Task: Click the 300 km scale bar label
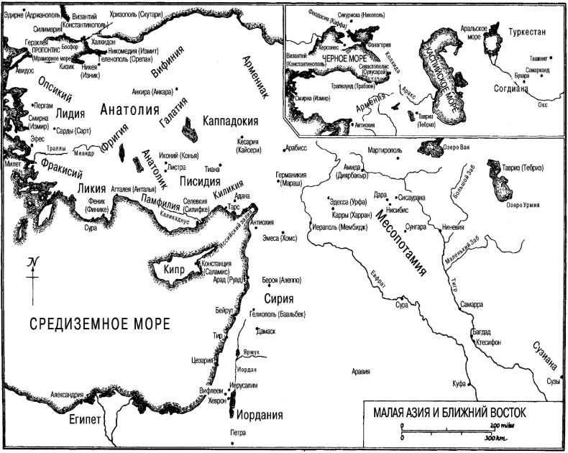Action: (x=493, y=438)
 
